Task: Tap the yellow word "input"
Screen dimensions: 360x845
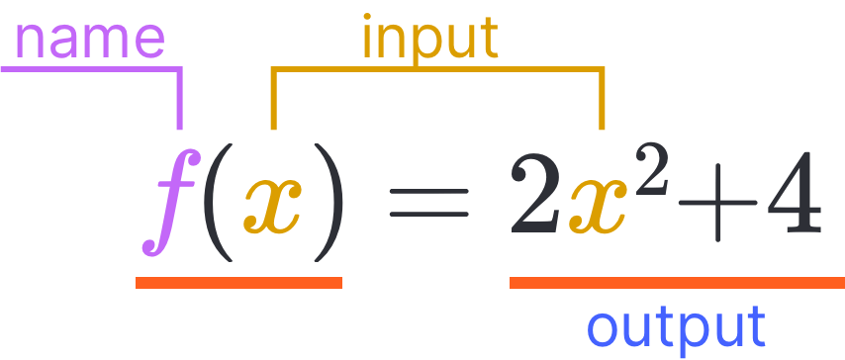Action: [429, 40]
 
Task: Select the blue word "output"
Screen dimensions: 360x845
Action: [676, 327]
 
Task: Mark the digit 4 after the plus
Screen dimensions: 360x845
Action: [793, 197]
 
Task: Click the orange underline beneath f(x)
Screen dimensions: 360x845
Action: [238, 283]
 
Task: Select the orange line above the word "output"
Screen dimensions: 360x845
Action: [677, 283]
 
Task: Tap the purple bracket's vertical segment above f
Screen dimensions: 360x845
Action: [179, 100]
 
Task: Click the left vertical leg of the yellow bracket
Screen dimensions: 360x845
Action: [274, 100]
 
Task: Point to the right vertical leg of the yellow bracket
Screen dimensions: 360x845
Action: [602, 100]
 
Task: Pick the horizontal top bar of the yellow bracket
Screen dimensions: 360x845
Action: [437, 70]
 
